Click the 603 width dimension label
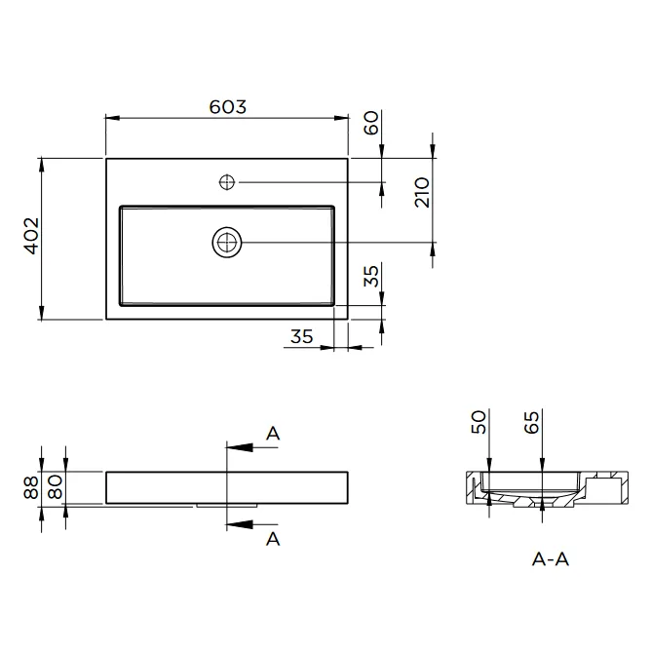(x=227, y=106)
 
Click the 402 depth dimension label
(x=31, y=236)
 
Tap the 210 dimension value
(x=422, y=192)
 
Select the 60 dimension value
(x=370, y=123)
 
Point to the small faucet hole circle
(x=227, y=182)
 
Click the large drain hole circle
(x=227, y=242)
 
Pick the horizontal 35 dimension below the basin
(x=302, y=336)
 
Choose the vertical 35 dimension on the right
(x=370, y=276)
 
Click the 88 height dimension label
(x=31, y=487)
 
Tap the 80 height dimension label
(x=55, y=487)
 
